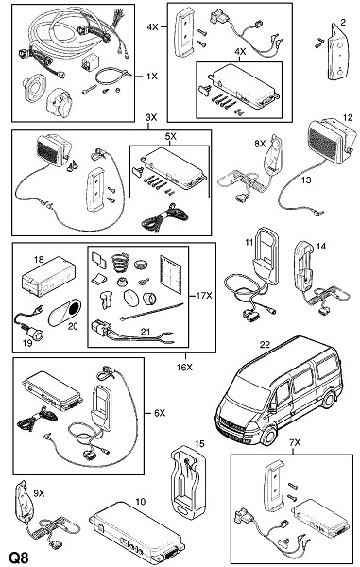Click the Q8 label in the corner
pos(19,558)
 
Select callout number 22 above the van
pos(265,344)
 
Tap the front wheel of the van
pos(269,436)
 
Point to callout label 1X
pos(152,77)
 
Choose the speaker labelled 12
pos(332,142)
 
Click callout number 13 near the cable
pos(306,180)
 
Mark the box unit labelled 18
pos(49,275)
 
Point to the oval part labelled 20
pos(65,312)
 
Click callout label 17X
pos(204,296)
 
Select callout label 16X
pos(184,368)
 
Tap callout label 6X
pos(160,413)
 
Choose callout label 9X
pos(39,493)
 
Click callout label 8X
pos(260,144)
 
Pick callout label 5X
pos(171,137)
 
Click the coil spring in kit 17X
pos(120,261)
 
